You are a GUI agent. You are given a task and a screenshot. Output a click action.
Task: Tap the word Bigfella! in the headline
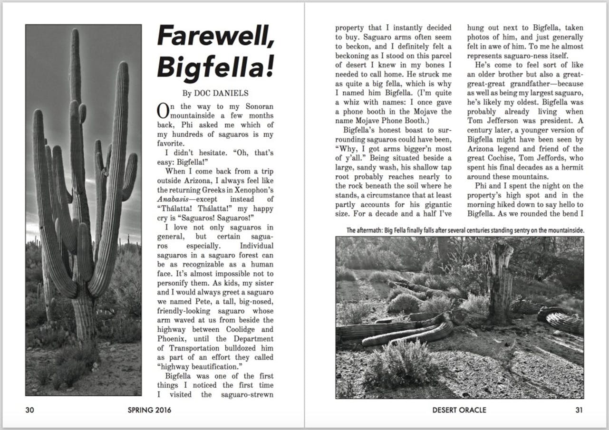[x=216, y=66]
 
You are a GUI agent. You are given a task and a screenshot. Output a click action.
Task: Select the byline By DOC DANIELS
[x=215, y=93]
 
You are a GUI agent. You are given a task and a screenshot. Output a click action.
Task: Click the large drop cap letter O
[x=163, y=110]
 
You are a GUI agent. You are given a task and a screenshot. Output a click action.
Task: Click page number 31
[x=579, y=410]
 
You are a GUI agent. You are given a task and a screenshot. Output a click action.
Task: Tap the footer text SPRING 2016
[x=149, y=410]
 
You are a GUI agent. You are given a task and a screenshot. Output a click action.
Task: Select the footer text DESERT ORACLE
[x=459, y=410]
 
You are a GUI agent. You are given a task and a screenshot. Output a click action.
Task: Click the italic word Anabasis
[x=175, y=199]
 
